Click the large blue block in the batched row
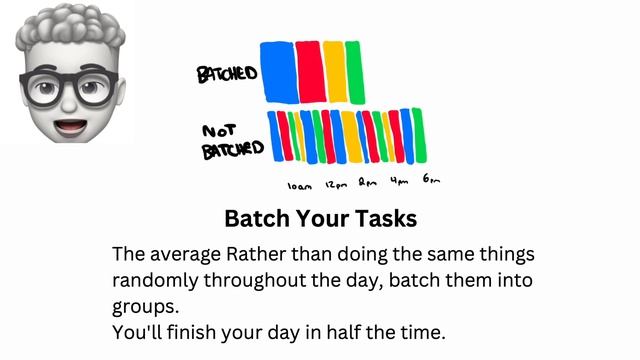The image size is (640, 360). click(x=275, y=72)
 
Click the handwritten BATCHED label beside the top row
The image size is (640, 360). click(x=227, y=73)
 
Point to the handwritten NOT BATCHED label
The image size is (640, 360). click(x=232, y=142)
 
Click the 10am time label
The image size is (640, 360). click(x=299, y=185)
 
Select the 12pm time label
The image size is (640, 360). click(x=335, y=184)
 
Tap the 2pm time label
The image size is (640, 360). click(x=367, y=183)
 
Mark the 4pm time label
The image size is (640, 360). click(x=400, y=182)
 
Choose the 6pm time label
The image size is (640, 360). click(x=432, y=180)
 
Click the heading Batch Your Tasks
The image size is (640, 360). click(x=320, y=218)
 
